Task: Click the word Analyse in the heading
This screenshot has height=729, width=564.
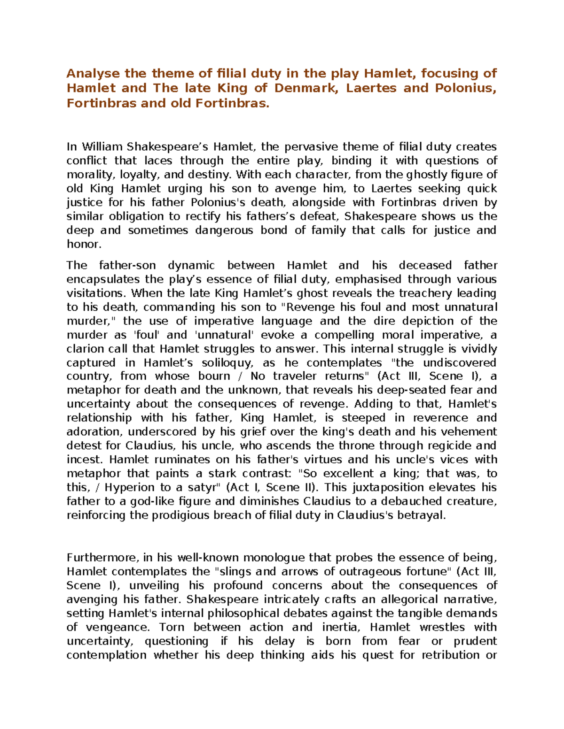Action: (x=93, y=74)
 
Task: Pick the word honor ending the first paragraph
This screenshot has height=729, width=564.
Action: (x=83, y=244)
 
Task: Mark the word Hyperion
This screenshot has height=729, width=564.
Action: (x=129, y=487)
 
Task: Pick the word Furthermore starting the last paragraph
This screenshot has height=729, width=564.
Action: (x=102, y=558)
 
